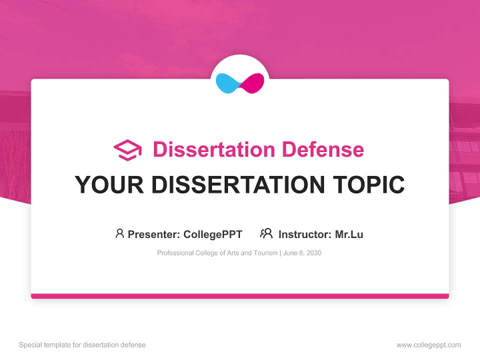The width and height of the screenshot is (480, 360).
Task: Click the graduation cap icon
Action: click(x=127, y=150)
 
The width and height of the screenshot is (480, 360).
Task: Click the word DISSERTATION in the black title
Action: click(x=237, y=185)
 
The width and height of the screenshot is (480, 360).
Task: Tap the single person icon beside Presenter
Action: click(x=119, y=233)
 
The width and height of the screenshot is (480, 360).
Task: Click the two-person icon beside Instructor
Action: click(x=266, y=233)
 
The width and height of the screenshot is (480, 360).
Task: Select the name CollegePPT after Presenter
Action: click(x=212, y=234)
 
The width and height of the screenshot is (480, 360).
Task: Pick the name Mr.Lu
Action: click(x=349, y=234)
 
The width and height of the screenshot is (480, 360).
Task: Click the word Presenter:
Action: click(x=154, y=234)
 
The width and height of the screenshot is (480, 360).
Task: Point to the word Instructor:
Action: click(x=304, y=234)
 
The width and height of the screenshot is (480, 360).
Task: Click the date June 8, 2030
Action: click(x=302, y=253)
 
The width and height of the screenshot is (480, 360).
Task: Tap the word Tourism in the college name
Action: click(x=265, y=253)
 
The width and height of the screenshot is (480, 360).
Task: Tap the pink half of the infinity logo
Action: click(x=253, y=83)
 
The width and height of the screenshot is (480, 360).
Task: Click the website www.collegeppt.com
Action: click(x=428, y=345)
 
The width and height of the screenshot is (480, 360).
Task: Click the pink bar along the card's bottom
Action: click(x=240, y=296)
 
